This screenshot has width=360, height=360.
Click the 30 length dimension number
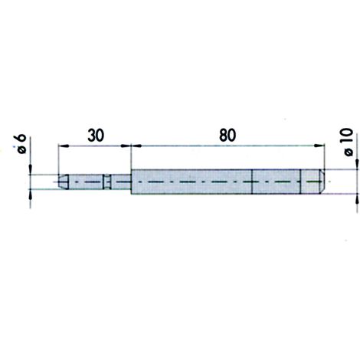coord(96,136)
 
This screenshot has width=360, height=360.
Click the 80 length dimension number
coord(227,136)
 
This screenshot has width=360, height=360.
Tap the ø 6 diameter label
coord(21,144)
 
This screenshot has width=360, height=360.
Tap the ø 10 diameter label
coord(349,142)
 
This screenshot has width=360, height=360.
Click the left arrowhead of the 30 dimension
coord(64,146)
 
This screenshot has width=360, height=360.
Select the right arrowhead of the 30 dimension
coord(126,146)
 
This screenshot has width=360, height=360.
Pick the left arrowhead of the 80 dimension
coord(136,146)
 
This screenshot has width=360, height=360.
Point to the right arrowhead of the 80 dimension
coord(319,146)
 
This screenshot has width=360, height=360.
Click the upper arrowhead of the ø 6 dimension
coord(31,169)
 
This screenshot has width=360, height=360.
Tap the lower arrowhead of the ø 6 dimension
coord(31,195)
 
